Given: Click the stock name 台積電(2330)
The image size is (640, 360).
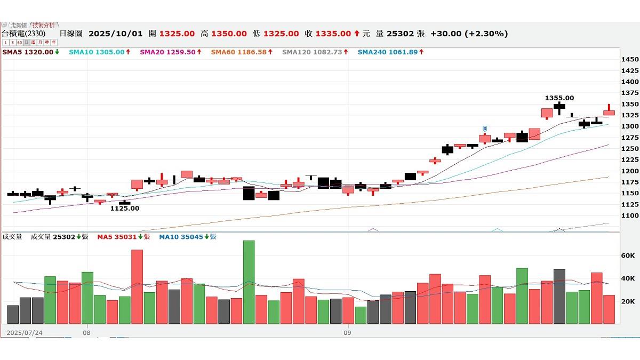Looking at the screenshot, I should (x=23, y=34).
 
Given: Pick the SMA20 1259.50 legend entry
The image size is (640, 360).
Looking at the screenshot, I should (x=170, y=52).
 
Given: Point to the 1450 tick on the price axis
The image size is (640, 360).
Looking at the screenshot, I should (x=630, y=60).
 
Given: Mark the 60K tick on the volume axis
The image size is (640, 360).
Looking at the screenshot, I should (x=628, y=256).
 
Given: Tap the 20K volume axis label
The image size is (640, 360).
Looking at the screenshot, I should (x=628, y=301).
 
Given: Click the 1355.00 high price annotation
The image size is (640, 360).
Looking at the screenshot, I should (x=559, y=98).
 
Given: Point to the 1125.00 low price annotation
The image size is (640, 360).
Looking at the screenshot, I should (x=124, y=209).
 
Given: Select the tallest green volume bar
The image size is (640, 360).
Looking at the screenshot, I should (x=249, y=282).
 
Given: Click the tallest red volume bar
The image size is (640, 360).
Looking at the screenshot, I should (x=137, y=286).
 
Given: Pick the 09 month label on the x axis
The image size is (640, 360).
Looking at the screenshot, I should (x=347, y=333).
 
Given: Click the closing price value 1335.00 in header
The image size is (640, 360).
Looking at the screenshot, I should (x=333, y=34).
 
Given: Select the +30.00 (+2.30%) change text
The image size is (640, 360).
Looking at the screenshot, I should (x=469, y=34).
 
